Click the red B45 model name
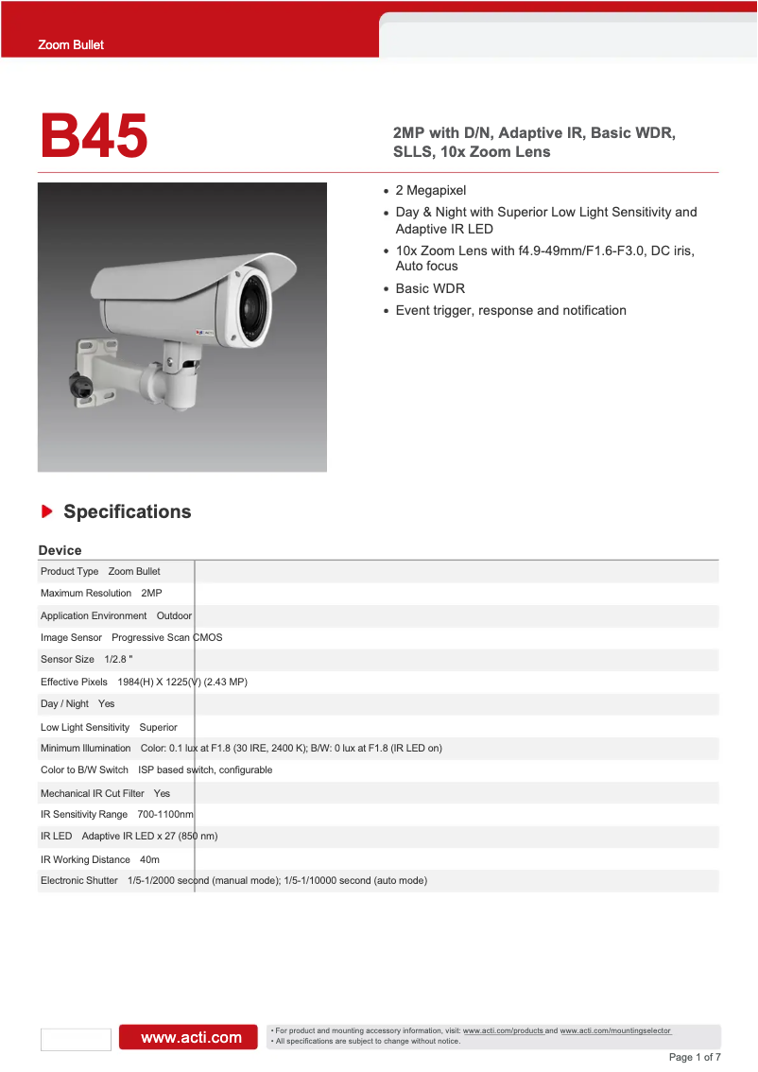[x=94, y=136]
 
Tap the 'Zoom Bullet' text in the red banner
[x=71, y=44]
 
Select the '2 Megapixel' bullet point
[x=430, y=190]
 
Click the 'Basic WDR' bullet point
[x=430, y=288]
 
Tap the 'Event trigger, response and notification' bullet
[x=510, y=310]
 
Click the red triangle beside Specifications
[x=46, y=511]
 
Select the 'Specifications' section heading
[x=127, y=511]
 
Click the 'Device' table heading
[x=60, y=550]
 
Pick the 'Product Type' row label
[x=69, y=571]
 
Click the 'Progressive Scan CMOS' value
[x=167, y=637]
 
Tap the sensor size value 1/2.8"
[x=118, y=659]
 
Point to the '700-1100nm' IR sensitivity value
[x=165, y=814]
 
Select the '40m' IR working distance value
[x=149, y=859]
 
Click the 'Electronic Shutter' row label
[x=79, y=880]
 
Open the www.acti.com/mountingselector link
[x=615, y=1030]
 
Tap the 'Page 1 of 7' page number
[x=695, y=1057]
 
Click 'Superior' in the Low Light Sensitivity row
[x=158, y=727]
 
